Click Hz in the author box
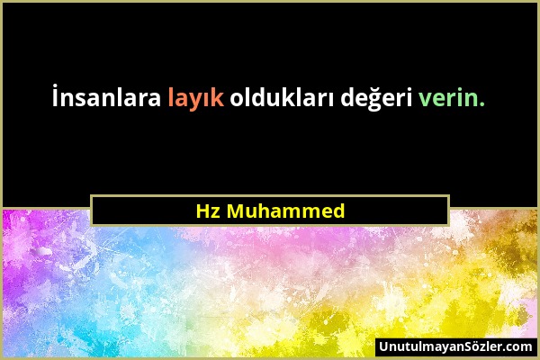[206, 211]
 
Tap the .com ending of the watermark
[518, 346]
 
